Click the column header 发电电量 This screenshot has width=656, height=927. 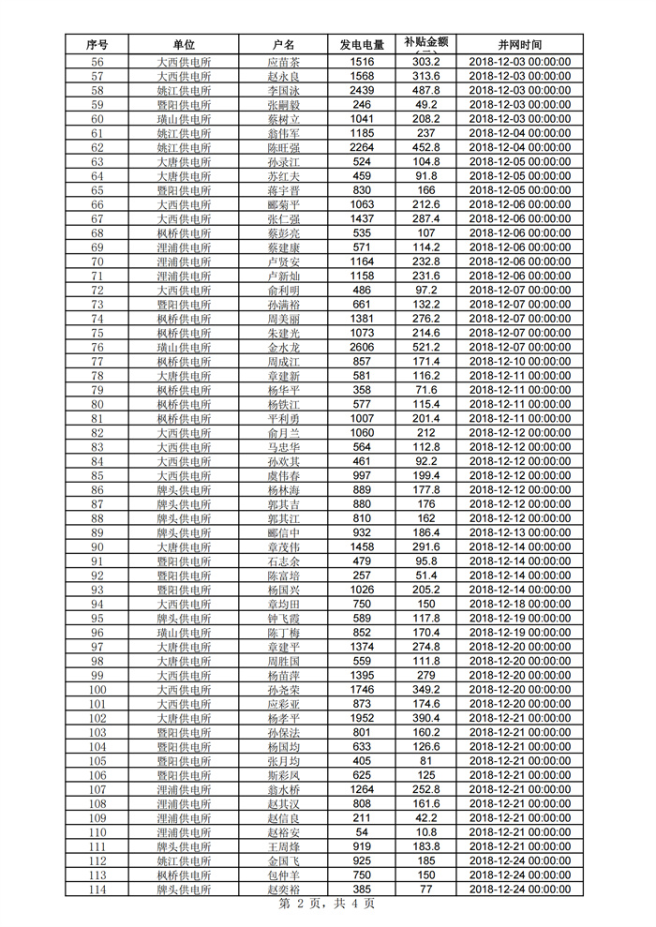(x=362, y=44)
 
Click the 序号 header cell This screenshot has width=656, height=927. (x=97, y=44)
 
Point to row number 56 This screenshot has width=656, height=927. (x=97, y=62)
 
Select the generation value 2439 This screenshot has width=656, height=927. (x=362, y=90)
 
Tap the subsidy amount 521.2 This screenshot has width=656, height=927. (x=426, y=348)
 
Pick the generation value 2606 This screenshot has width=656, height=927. (x=362, y=348)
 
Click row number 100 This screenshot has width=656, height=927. (x=97, y=690)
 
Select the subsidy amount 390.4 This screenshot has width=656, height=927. (x=426, y=718)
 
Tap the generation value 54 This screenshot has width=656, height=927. (x=362, y=832)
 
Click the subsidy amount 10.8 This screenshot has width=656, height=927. (x=426, y=832)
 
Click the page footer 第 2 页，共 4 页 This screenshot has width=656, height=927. (x=327, y=905)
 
